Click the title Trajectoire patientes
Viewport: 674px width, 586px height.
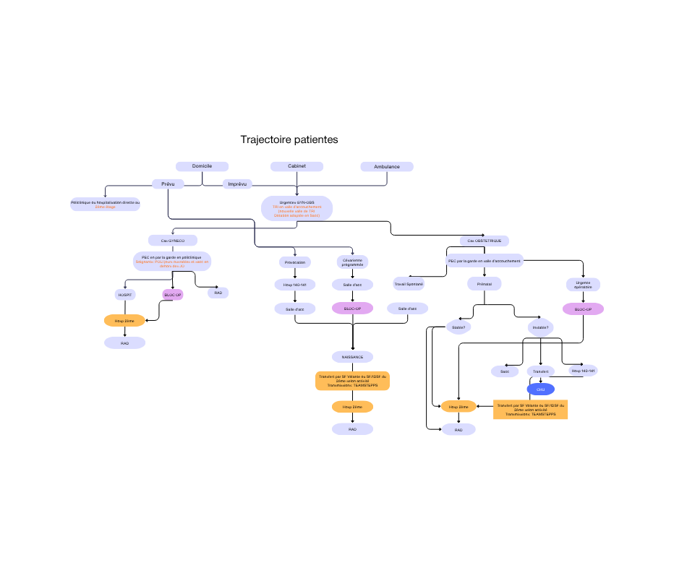click(x=289, y=139)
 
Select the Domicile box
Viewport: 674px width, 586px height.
click(x=202, y=166)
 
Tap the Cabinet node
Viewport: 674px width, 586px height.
click(x=297, y=166)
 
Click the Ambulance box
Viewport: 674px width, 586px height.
click(x=387, y=167)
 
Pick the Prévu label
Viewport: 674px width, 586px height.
click(x=168, y=184)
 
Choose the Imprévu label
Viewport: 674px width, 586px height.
click(x=237, y=184)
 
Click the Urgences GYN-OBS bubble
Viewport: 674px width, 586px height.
click(x=297, y=208)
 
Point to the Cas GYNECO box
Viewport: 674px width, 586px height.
click(x=172, y=240)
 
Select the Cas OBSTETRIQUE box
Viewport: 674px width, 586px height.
click(x=485, y=241)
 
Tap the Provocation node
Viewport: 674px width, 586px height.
click(x=295, y=262)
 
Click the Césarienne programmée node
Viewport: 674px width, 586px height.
click(x=352, y=262)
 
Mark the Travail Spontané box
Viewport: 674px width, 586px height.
click(x=409, y=284)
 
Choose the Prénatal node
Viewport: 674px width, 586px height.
click(x=485, y=284)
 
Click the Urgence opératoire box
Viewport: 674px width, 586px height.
click(x=583, y=285)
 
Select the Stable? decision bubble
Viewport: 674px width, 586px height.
click(x=458, y=327)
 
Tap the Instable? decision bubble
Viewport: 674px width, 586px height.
click(x=540, y=327)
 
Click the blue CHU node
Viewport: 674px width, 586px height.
click(x=540, y=389)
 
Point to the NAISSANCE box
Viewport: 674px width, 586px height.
click(x=352, y=357)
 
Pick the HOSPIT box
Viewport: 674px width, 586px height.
click(x=125, y=295)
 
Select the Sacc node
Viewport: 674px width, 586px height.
click(x=505, y=371)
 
